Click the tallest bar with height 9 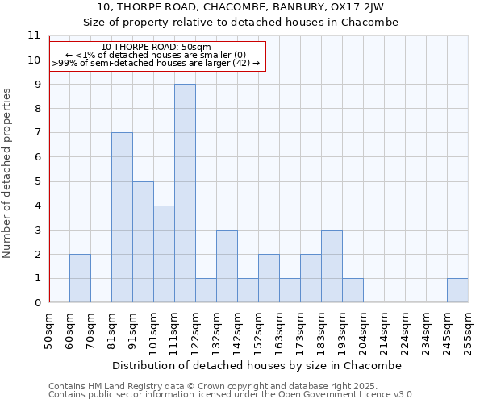(185, 193)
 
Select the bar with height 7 (122, 218)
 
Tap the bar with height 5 (143, 242)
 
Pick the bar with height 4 (164, 254)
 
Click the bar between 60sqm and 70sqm (80, 278)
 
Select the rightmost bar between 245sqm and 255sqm (457, 290)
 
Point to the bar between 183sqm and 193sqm (332, 266)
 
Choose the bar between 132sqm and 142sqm (227, 266)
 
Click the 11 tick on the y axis (33, 36)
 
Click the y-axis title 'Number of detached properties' (7, 173)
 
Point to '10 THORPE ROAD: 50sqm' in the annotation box (156, 47)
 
